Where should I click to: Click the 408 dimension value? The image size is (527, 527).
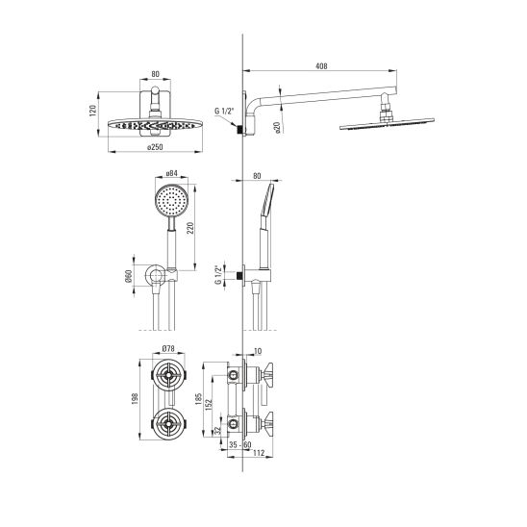(321, 66)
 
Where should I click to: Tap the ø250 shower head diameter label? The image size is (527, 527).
(155, 147)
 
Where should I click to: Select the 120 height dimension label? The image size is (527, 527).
(92, 111)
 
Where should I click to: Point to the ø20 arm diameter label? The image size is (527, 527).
(277, 127)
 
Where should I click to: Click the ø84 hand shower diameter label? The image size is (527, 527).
(171, 173)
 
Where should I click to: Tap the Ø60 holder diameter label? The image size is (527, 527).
(129, 276)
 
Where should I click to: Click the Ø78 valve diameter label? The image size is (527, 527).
(168, 349)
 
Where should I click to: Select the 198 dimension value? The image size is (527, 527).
(135, 399)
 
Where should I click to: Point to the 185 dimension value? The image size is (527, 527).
(198, 399)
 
